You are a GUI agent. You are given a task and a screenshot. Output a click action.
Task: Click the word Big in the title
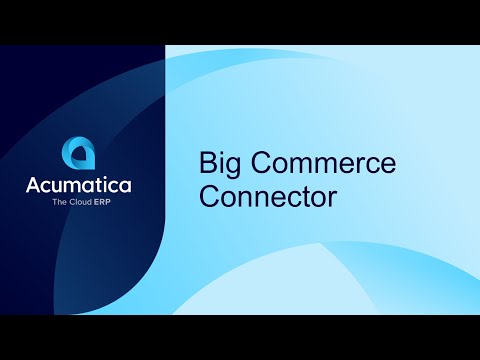[x=221, y=164]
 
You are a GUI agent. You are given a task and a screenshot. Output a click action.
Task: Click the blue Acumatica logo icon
[x=79, y=153]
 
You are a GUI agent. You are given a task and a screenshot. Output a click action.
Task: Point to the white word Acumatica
[x=79, y=185]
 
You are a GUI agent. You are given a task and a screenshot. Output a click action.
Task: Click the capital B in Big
[x=209, y=163]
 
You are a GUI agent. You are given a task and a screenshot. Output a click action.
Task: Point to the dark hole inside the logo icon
[x=80, y=156]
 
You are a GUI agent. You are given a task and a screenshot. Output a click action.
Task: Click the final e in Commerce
[x=390, y=166]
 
